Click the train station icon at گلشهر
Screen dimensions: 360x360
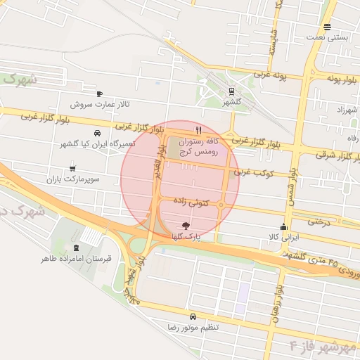231,91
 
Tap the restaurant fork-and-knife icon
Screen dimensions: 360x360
200,130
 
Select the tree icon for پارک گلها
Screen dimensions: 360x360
186,226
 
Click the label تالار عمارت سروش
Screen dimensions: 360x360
100,105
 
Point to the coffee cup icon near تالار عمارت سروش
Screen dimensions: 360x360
99,94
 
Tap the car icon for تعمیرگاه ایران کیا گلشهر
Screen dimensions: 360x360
96,133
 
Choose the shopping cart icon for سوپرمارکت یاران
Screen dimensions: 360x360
72,169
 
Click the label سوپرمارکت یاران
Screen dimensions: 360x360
72,180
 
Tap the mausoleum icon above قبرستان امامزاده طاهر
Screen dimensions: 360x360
75,247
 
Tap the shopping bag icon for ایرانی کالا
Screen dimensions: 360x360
283,226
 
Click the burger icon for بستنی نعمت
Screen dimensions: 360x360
328,27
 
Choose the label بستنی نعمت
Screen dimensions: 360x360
328,39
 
